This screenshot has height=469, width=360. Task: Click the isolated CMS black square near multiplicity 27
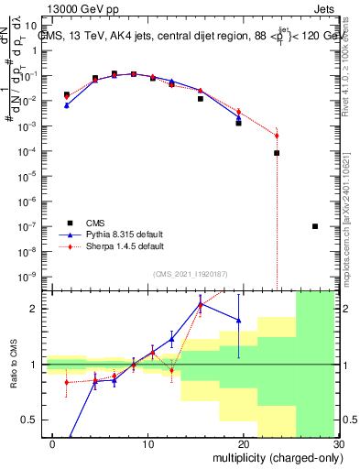315,226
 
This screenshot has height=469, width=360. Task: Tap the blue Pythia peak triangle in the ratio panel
200,304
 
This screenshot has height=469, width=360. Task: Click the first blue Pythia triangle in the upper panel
66,105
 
